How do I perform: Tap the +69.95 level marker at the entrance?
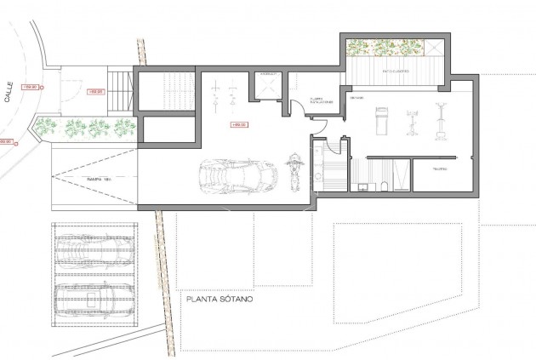pyautogui.click(x=95, y=91)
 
